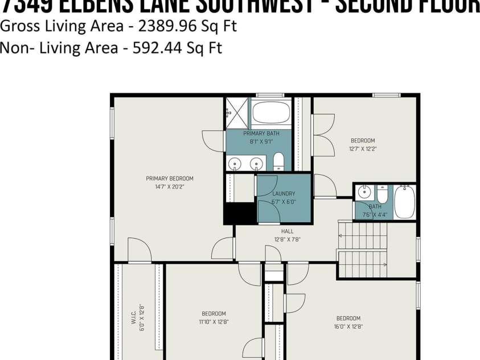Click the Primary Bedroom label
(169, 178)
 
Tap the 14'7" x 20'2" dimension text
(169, 186)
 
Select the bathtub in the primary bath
(271, 113)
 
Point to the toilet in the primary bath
(278, 162)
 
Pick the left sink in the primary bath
(235, 164)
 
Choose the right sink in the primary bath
(256, 164)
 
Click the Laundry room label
(284, 194)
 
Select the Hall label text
(287, 231)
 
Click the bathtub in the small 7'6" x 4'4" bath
(404, 202)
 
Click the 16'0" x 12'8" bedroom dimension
(349, 326)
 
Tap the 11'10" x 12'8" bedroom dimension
(214, 322)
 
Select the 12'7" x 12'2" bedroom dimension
(363, 149)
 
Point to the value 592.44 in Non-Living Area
(157, 48)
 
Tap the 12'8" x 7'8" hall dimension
(287, 239)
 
